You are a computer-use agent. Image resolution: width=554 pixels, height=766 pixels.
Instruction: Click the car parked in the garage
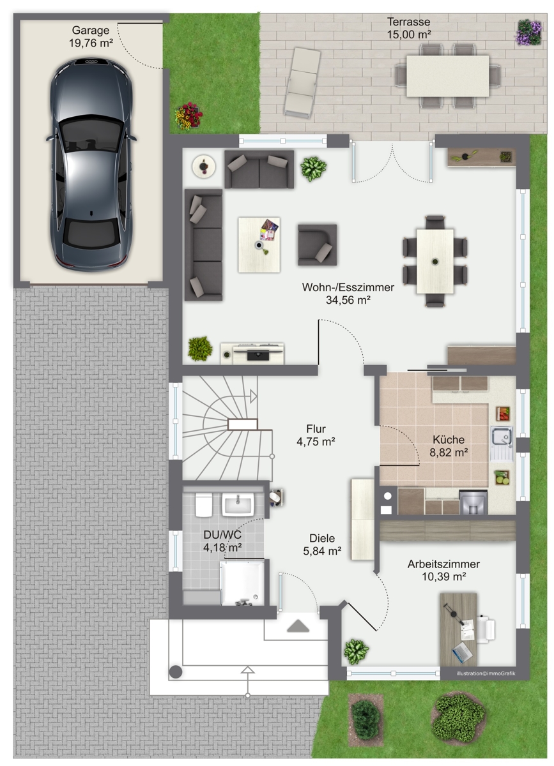point(91,165)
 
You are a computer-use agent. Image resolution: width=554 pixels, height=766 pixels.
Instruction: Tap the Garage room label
point(91,36)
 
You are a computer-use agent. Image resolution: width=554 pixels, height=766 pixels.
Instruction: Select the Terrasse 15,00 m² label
point(409,28)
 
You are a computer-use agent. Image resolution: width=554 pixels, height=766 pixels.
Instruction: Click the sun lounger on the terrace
point(302,84)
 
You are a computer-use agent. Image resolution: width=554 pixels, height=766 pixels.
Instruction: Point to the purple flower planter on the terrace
point(529,32)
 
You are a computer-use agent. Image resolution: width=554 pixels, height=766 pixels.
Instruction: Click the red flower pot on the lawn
point(189,116)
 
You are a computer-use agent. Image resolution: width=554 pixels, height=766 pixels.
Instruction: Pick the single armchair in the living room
point(317,244)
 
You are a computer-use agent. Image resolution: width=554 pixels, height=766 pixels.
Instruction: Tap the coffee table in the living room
point(259,244)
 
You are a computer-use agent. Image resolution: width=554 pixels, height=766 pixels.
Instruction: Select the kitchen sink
point(502,443)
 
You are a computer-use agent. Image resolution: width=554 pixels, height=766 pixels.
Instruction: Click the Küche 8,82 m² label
point(449,446)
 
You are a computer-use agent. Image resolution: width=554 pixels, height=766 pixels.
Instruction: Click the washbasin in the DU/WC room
point(238,504)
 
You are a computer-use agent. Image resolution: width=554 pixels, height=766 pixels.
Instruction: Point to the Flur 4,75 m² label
point(316,435)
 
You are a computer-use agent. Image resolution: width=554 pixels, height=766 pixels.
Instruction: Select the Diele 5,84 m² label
point(322,544)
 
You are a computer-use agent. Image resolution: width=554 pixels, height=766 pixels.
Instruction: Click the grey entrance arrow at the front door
point(298,626)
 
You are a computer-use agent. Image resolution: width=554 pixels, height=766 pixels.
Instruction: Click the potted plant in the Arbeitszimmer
point(357,650)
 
